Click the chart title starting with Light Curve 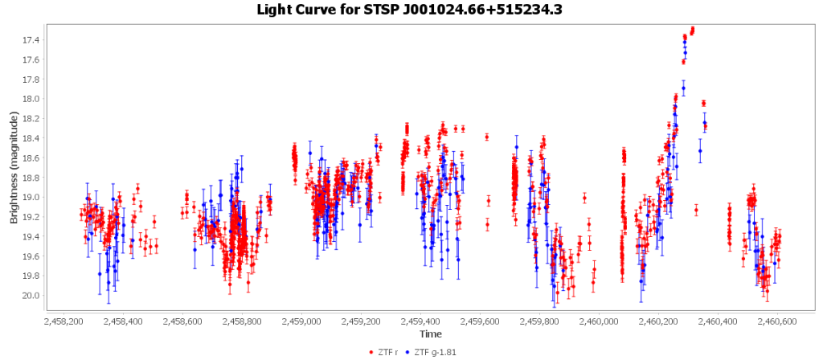click(x=411, y=10)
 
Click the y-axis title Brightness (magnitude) click(x=14, y=167)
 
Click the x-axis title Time click(x=429, y=333)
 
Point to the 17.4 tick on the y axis click(x=31, y=40)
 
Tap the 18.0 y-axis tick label click(x=31, y=100)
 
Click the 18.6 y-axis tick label click(x=31, y=158)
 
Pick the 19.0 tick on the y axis click(x=31, y=198)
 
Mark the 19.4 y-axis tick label click(x=31, y=237)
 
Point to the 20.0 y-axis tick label click(x=31, y=296)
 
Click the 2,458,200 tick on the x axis click(x=63, y=321)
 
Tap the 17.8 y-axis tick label click(x=31, y=80)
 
